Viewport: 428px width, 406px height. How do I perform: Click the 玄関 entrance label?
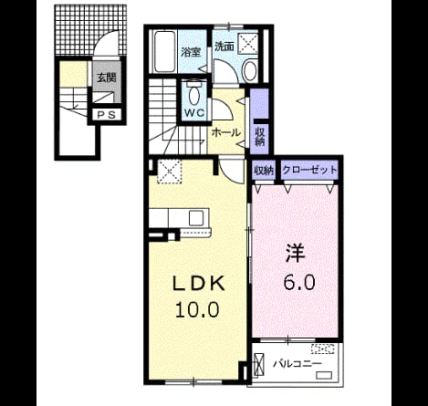(107, 78)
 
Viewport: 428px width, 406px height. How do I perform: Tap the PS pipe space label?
(107, 115)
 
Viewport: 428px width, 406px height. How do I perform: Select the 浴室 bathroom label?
(191, 52)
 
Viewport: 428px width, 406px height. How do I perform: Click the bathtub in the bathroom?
(164, 51)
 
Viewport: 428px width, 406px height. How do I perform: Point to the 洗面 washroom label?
(224, 47)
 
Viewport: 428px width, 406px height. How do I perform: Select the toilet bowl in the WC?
(194, 95)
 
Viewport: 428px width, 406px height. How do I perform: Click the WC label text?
(194, 113)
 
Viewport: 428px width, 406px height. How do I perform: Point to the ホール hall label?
(225, 133)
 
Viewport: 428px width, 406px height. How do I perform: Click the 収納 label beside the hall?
(259, 137)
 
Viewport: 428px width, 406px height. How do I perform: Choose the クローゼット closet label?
(309, 170)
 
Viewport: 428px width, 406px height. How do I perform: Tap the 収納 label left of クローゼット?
(264, 170)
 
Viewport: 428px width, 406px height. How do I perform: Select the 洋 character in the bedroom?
(295, 253)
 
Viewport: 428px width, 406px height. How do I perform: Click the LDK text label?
(199, 284)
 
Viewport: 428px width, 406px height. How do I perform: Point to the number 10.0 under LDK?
(197, 310)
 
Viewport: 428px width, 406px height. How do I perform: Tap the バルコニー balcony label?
(297, 364)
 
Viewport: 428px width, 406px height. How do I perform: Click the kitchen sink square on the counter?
(195, 218)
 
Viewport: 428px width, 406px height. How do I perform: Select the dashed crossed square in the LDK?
(169, 172)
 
